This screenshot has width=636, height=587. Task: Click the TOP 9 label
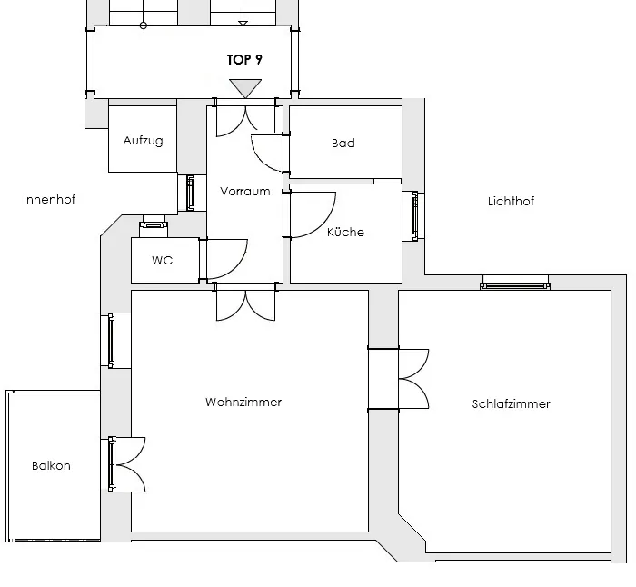click(x=244, y=60)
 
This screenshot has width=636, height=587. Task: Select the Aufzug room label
click(x=143, y=140)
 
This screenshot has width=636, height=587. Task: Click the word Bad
click(x=343, y=143)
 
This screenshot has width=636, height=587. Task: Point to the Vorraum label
click(x=245, y=191)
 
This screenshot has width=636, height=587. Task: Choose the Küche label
click(x=345, y=232)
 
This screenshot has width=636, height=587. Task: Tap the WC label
click(x=163, y=260)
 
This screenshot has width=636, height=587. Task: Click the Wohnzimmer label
click(x=243, y=402)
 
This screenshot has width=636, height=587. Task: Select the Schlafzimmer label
click(x=511, y=403)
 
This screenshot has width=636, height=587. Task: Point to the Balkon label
click(x=51, y=465)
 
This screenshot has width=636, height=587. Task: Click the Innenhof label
click(x=49, y=199)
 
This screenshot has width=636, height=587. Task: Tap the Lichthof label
click(x=511, y=201)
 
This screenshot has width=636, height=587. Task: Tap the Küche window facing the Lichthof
click(x=414, y=216)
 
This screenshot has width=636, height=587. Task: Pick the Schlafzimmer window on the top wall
click(x=515, y=286)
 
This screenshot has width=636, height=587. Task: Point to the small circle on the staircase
click(x=144, y=25)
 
